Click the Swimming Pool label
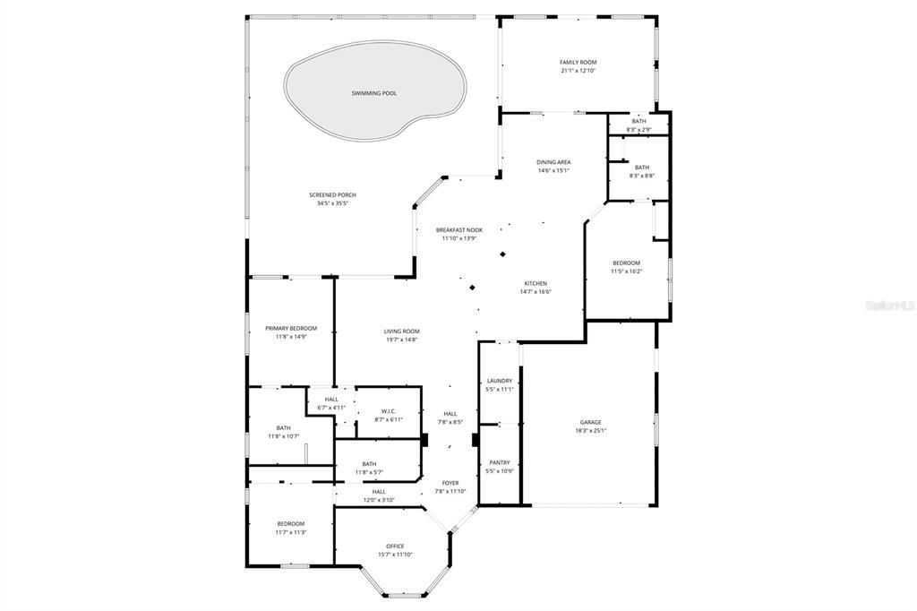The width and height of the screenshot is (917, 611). tap(373, 93)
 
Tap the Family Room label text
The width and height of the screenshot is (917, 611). tap(578, 62)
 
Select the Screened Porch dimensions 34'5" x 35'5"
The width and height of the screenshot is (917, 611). tap(331, 203)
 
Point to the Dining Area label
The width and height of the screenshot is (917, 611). tap(553, 162)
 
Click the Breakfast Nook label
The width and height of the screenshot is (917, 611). tap(458, 230)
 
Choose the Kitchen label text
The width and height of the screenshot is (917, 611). tap(536, 283)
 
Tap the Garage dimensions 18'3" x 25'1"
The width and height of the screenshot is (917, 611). tap(590, 430)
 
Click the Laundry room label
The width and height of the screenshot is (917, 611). tap(499, 381)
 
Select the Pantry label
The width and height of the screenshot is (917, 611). tap(499, 462)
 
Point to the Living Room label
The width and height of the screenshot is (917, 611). tap(401, 331)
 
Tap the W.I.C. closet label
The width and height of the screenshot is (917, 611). tap(387, 411)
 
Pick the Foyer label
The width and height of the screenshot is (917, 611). tap(450, 483)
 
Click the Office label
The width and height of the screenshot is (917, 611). tap(395, 546)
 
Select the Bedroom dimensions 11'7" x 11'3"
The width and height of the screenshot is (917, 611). tap(290, 532)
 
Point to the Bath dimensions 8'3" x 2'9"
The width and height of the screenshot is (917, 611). tap(638, 129)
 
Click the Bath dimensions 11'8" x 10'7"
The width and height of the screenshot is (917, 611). tap(283, 436)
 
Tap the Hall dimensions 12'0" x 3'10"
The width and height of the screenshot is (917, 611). tap(379, 500)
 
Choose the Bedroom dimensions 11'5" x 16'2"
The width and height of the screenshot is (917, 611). tap(626, 271)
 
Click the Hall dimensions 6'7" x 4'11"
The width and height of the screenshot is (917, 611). tap(331, 408)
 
